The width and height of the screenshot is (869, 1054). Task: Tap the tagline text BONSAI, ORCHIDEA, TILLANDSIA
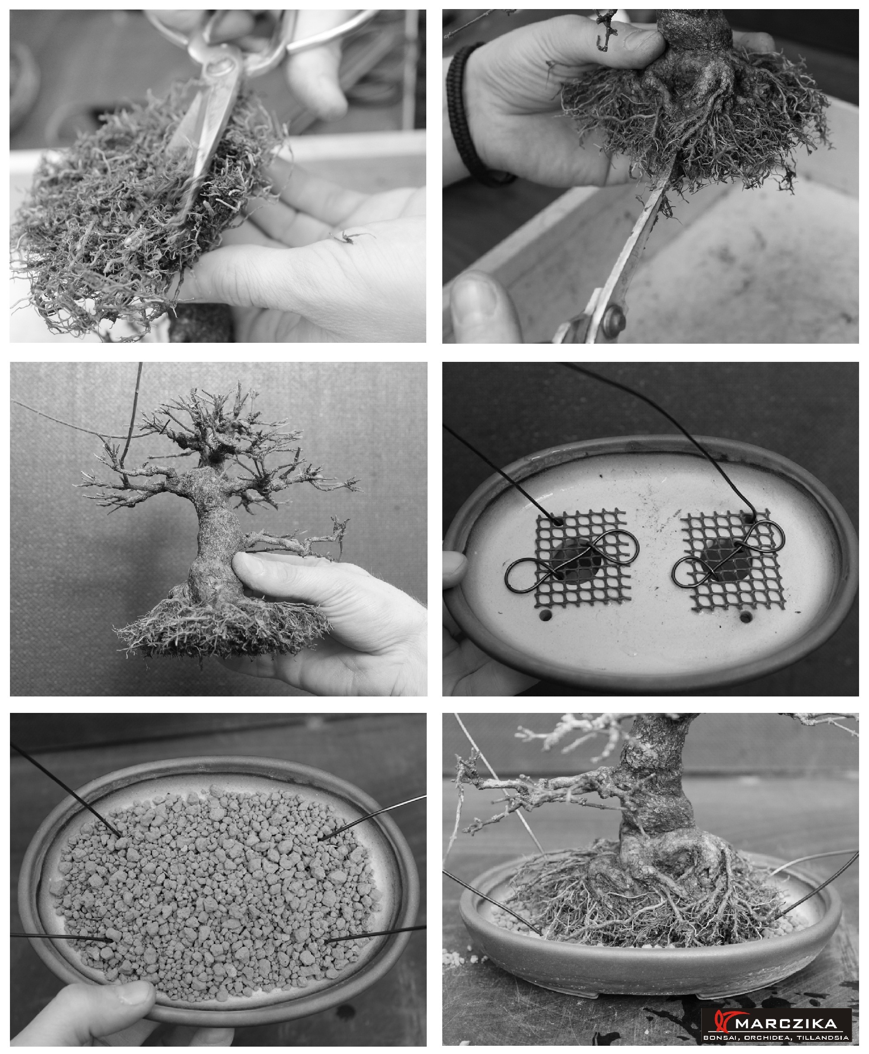[776, 1038]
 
